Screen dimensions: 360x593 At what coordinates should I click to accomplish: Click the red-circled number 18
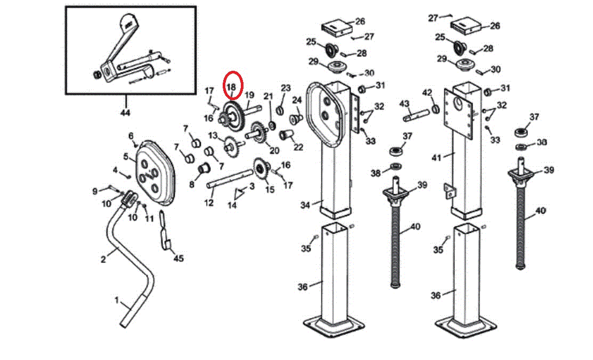tap(232, 86)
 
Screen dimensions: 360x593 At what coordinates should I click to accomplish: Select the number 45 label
tap(178, 258)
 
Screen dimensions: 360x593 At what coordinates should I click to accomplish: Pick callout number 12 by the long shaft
tap(209, 203)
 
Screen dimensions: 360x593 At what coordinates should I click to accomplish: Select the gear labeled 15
tap(262, 171)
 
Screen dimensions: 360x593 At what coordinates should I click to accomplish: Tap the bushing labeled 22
tap(287, 135)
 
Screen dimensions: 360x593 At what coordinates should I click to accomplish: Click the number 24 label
tap(297, 100)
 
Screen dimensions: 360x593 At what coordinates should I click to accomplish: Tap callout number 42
tap(427, 93)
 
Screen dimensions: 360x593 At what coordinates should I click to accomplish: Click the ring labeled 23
tap(279, 111)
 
